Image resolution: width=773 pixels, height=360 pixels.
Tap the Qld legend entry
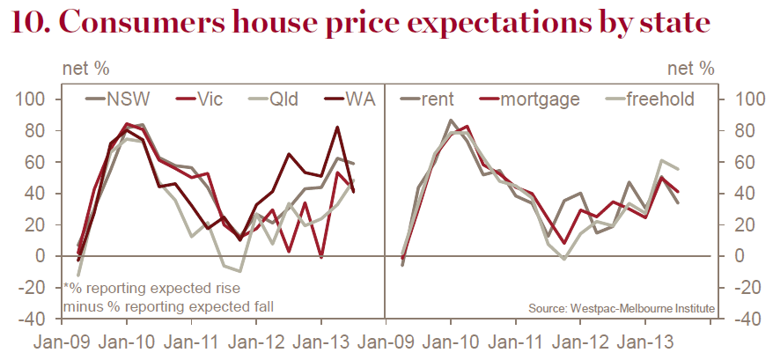click(276, 99)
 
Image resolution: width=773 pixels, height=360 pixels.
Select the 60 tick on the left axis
click(40, 163)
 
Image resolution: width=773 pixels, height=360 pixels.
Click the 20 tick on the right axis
click(740, 225)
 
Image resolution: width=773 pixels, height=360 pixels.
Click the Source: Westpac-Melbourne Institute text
click(622, 307)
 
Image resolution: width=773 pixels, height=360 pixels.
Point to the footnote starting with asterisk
click(150, 297)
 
